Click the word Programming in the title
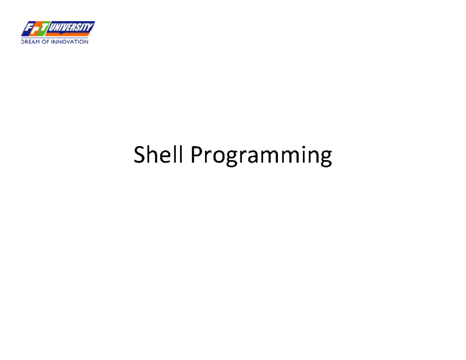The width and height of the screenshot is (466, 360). [261, 155]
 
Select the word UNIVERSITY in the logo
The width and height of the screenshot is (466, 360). [70, 27]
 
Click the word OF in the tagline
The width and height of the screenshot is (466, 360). [45, 42]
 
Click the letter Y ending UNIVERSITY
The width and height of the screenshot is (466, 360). [90, 27]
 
